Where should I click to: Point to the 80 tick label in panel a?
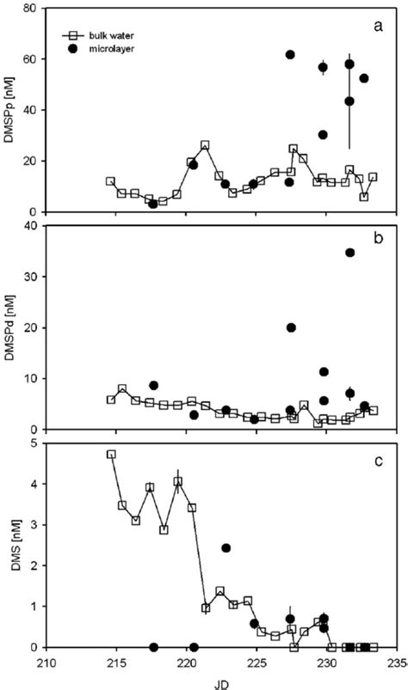[x=32, y=9]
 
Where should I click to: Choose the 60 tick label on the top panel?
[x=32, y=59]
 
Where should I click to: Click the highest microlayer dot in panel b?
[x=350, y=253]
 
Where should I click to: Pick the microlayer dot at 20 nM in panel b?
[x=291, y=327]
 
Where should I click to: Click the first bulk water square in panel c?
[x=111, y=455]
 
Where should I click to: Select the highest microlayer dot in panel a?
[x=290, y=55]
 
